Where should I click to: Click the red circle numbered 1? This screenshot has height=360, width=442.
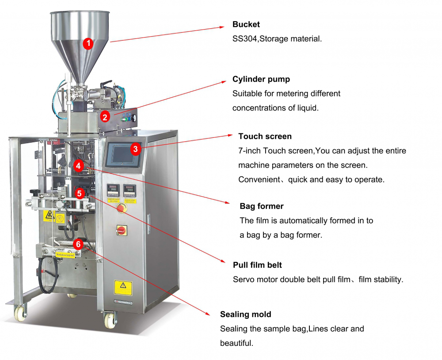click(88, 43)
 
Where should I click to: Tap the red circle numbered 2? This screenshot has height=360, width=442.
click(105, 117)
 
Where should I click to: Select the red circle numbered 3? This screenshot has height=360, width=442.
click(136, 149)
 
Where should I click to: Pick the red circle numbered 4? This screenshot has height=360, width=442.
click(78, 166)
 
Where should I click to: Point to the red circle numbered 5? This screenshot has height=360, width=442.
click(79, 193)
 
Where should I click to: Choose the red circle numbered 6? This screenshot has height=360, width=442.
click(78, 243)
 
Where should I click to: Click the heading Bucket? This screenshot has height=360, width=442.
click(246, 24)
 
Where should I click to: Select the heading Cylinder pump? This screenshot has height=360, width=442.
click(261, 80)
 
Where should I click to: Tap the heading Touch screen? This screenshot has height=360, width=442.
click(265, 136)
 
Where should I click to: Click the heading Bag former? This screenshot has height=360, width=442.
click(262, 206)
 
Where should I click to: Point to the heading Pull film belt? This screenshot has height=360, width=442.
click(257, 265)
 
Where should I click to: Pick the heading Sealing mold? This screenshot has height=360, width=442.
click(245, 315)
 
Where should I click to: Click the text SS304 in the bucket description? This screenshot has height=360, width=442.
click(245, 39)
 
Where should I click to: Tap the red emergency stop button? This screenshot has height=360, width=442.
click(120, 208)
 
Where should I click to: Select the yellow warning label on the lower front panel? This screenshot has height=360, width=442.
click(123, 287)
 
